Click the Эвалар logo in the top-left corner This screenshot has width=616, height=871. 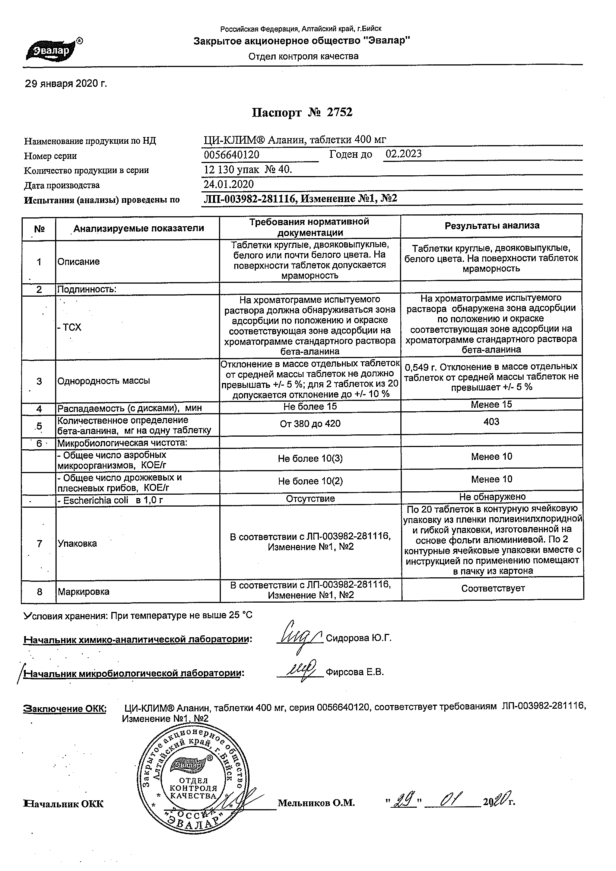pyautogui.click(x=53, y=50)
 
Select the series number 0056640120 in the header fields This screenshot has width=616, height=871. pyautogui.click(x=232, y=155)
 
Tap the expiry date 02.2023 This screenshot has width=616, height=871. pyautogui.click(x=403, y=154)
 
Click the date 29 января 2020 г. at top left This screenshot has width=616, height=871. pyautogui.click(x=66, y=84)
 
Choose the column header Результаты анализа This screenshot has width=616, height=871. pyautogui.click(x=492, y=226)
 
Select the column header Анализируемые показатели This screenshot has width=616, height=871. pyautogui.click(x=139, y=229)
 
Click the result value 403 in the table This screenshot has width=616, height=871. pyautogui.click(x=491, y=422)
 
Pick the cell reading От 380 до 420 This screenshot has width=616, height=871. pyautogui.click(x=310, y=424)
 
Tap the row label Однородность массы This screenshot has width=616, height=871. pyautogui.click(x=104, y=381)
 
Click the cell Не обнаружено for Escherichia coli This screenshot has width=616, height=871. pyautogui.click(x=492, y=497)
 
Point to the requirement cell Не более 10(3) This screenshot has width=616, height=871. pyautogui.click(x=310, y=459)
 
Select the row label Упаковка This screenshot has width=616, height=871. pyautogui.click(x=77, y=543)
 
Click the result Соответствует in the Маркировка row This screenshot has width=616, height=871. pyautogui.click(x=493, y=588)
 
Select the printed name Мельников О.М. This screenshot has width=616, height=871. pyautogui.click(x=316, y=803)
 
